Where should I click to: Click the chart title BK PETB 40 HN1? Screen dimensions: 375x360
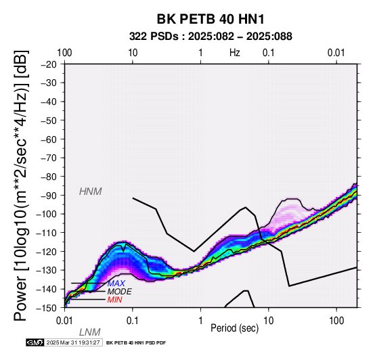[x=211, y=19]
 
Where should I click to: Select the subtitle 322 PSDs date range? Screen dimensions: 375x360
[x=211, y=37]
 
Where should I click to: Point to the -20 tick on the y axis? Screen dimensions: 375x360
[x=49, y=64]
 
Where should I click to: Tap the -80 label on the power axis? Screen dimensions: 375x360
[x=49, y=177]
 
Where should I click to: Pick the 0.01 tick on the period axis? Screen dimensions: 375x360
[x=64, y=321]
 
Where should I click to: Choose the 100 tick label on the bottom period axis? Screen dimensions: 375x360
[x=336, y=321]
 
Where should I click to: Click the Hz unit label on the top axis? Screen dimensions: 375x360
[x=235, y=53]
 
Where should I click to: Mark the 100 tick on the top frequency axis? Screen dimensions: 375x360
[x=64, y=53]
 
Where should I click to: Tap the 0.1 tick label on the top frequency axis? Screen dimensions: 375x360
[x=269, y=53]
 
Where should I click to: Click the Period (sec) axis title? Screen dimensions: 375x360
[x=235, y=328]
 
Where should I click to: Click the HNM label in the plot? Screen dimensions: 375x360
[x=91, y=192]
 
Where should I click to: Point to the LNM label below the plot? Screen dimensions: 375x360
[x=90, y=332]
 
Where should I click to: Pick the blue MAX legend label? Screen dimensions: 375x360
[x=116, y=284]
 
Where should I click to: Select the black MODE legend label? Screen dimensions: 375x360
[x=120, y=292]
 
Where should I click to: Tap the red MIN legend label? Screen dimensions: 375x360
[x=115, y=300]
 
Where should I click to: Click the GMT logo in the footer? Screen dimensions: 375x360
[x=35, y=342]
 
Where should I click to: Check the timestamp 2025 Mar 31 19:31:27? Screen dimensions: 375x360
[x=73, y=342]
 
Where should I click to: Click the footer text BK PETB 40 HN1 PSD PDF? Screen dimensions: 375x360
[x=136, y=343]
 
